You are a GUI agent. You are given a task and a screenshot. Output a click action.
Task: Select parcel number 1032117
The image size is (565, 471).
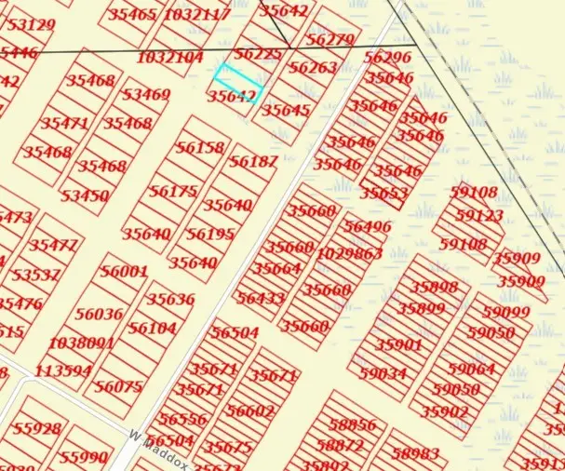click(x=196, y=15)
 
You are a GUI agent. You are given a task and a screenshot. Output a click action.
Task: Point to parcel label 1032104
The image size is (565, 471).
click(x=169, y=58)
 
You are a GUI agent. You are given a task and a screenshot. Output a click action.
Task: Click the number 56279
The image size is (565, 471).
click(x=330, y=40)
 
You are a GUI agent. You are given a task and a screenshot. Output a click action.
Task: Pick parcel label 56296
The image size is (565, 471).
click(x=387, y=58)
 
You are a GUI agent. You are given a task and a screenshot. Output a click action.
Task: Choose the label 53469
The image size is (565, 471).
click(x=146, y=95)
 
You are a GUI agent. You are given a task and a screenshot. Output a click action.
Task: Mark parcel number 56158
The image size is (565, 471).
click(x=200, y=148)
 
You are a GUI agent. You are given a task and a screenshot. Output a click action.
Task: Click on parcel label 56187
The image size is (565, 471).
click(x=253, y=162)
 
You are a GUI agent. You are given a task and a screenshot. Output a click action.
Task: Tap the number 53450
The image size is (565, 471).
click(x=85, y=196)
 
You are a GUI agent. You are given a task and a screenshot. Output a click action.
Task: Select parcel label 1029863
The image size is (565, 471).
click(x=349, y=253)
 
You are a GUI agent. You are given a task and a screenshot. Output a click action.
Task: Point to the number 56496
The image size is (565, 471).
click(x=368, y=227)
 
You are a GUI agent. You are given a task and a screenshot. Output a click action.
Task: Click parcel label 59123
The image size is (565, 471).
click(x=480, y=215)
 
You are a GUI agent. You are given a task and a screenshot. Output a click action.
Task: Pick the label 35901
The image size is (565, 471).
click(x=398, y=344)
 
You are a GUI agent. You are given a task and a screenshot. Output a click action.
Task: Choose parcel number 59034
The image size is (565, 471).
click(x=383, y=373)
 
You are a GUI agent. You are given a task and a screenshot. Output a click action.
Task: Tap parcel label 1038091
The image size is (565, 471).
click(x=81, y=343)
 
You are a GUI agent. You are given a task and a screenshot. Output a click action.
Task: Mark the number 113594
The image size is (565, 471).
click(x=63, y=370)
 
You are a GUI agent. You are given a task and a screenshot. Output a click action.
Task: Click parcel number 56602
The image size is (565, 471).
click(x=250, y=410)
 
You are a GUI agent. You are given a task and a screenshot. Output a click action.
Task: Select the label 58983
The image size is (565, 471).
click(x=415, y=453)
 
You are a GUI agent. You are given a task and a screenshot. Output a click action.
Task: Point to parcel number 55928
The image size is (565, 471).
click(x=37, y=429)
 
